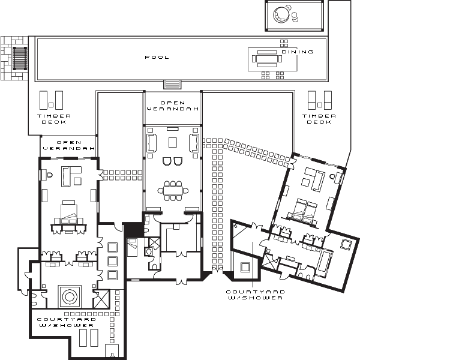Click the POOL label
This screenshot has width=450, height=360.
click(x=157, y=58)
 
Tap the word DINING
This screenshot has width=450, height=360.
click(x=298, y=52)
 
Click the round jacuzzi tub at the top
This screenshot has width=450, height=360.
click(x=281, y=14)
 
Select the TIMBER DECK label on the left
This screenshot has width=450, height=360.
click(x=54, y=119)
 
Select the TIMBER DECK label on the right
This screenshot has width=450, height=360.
click(x=319, y=119)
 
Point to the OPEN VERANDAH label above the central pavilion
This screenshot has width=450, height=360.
click(x=173, y=106)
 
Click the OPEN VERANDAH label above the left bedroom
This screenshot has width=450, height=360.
click(x=69, y=145)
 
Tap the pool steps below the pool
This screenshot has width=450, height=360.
click(x=172, y=85)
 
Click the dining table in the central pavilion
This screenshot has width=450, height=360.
click(x=173, y=191)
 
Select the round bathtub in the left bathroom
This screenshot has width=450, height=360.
click(x=70, y=296)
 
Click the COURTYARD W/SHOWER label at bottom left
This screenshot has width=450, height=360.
click(x=67, y=322)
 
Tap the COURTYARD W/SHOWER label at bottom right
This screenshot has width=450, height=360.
click(x=256, y=295)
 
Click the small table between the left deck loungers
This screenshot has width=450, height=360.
click(x=51, y=105)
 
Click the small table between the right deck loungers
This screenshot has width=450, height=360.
click(x=320, y=105)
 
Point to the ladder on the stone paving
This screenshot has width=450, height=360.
click(x=20, y=58)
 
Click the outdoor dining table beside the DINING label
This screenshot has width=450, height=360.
click(x=267, y=59)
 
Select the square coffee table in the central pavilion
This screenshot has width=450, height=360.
click(x=172, y=142)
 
